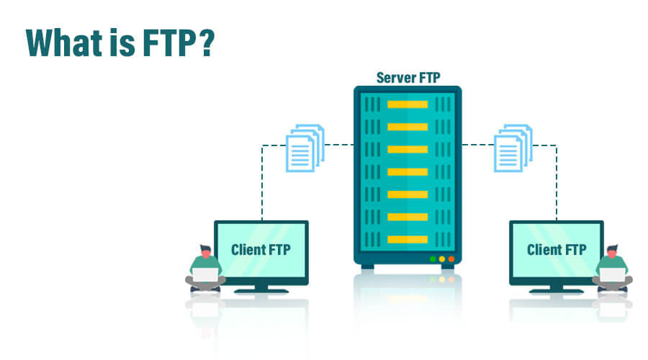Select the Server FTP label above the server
407,78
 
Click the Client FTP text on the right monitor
557,251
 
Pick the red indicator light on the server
451,258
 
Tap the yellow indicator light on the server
442,258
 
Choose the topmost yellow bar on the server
408,104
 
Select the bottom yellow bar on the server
408,239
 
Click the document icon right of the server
513,148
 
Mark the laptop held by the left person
204,275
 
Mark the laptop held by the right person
612,275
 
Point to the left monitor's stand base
261,290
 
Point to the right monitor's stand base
557,290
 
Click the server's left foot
367,266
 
